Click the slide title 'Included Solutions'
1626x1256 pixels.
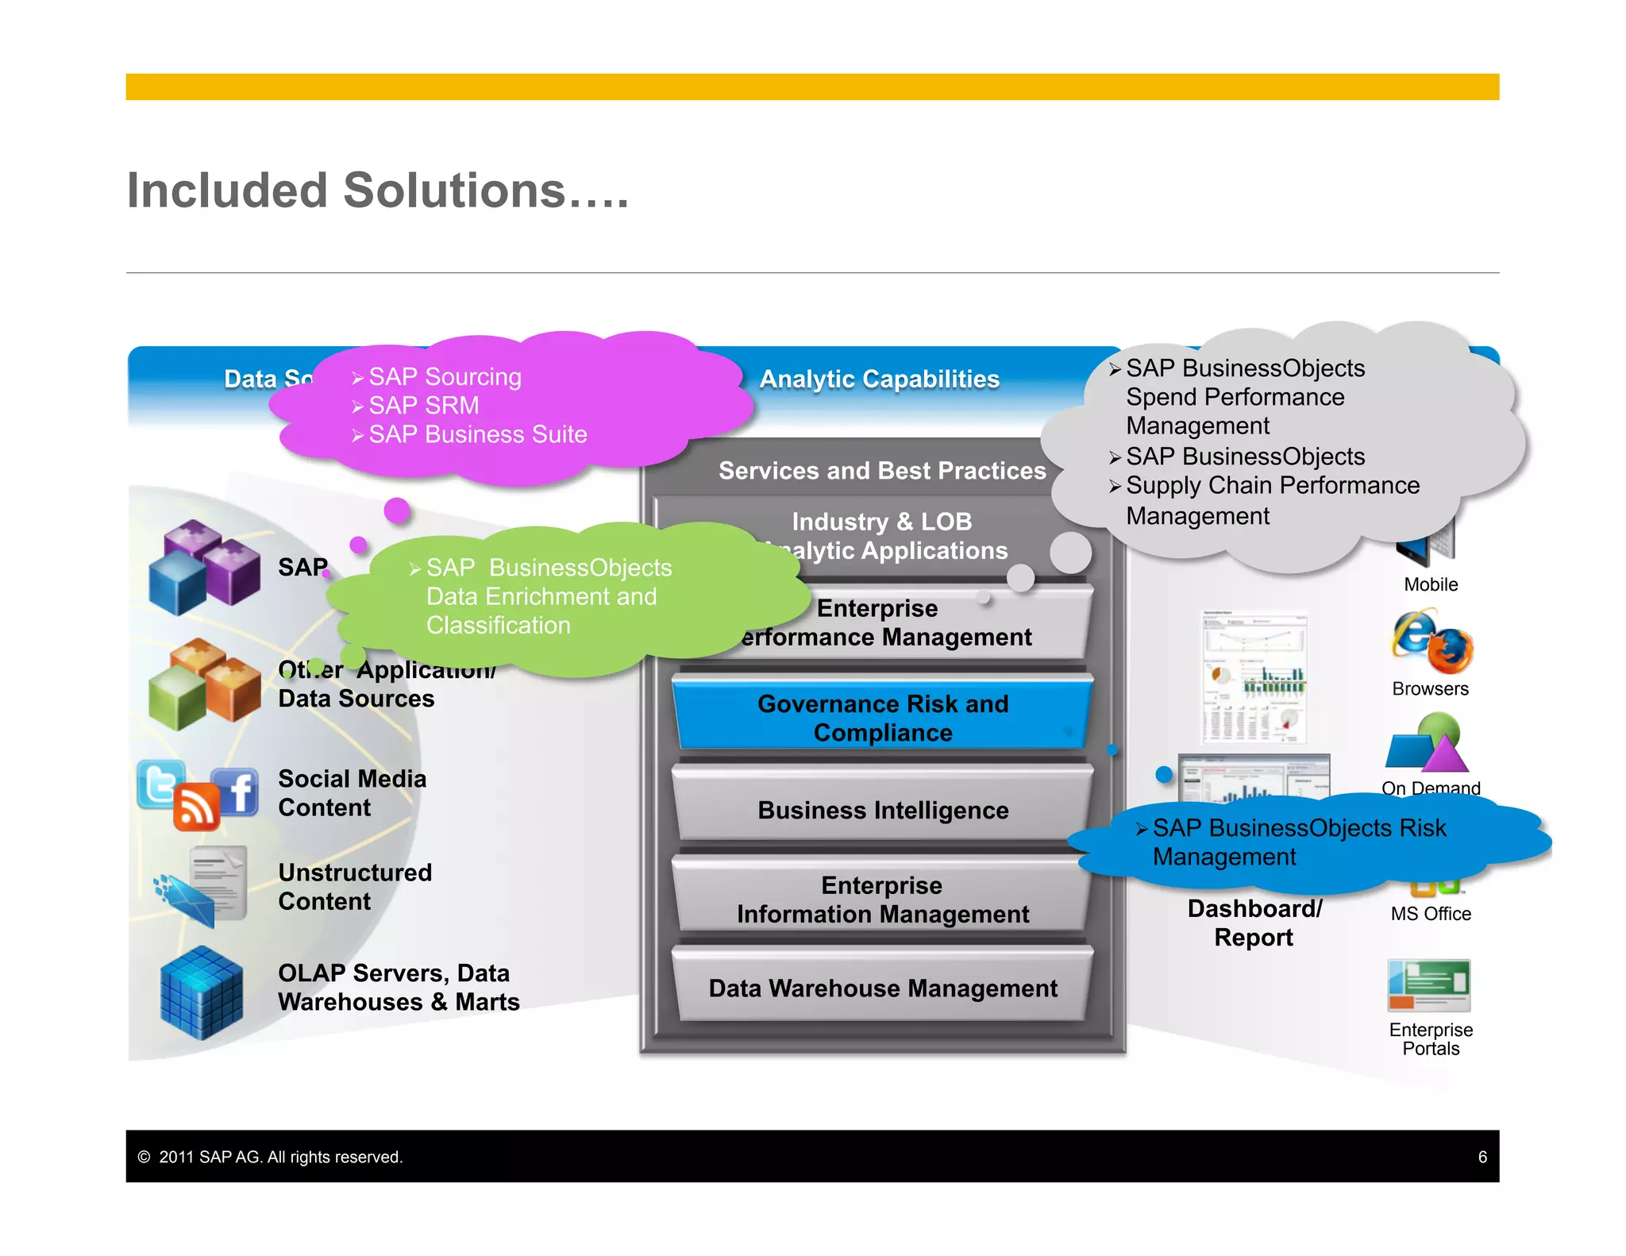[x=377, y=191]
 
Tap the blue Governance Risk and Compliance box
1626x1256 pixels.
[x=882, y=718]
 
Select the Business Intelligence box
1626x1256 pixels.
[x=882, y=810]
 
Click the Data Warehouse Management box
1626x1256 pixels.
[x=882, y=988]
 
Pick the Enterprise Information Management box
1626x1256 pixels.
[x=882, y=900]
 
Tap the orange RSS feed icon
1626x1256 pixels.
[x=195, y=807]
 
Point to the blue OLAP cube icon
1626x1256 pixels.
[x=202, y=992]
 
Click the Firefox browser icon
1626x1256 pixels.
[x=1450, y=650]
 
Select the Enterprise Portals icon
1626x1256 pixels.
[x=1429, y=984]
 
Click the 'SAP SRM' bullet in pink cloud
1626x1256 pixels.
[x=423, y=406]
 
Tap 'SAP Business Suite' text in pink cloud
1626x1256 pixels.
[x=477, y=434]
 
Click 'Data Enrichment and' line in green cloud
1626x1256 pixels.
[x=541, y=596]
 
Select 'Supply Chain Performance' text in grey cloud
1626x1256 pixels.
[x=1272, y=485]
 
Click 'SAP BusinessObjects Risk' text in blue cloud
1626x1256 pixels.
[x=1299, y=828]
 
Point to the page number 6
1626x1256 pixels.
[x=1482, y=1157]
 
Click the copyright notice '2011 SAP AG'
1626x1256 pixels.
[x=280, y=1157]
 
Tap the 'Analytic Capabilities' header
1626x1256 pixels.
[x=879, y=379]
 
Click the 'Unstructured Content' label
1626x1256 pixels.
[x=355, y=887]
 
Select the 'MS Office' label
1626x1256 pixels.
[x=1430, y=914]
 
